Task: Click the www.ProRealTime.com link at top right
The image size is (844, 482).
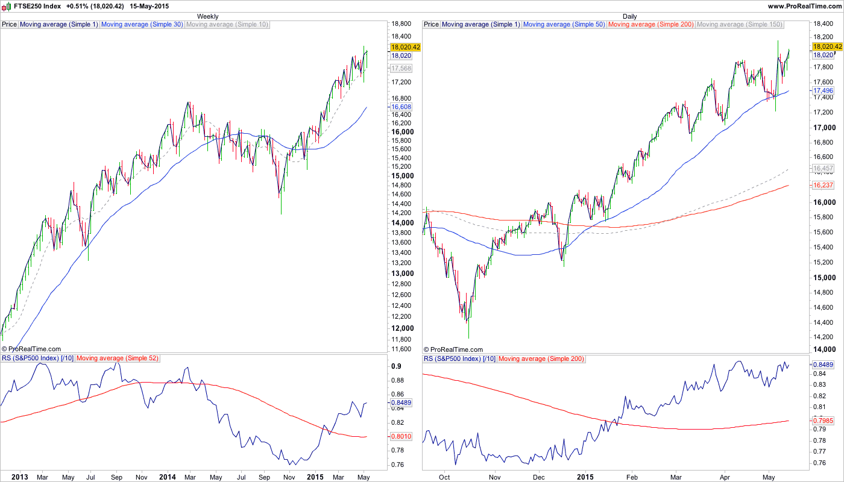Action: coord(805,6)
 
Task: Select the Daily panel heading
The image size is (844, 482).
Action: coord(630,16)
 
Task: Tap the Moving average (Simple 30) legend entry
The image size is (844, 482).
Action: coord(142,25)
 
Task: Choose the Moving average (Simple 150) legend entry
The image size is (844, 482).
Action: coord(739,25)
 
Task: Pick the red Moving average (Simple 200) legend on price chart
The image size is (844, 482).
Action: coord(651,25)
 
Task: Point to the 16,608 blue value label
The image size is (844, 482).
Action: coord(401,107)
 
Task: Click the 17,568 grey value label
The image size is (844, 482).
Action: coord(401,68)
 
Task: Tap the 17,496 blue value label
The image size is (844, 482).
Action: coord(823,90)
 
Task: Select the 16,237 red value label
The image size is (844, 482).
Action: coord(823,185)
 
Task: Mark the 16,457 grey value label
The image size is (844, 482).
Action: coord(823,168)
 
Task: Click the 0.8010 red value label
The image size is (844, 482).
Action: coord(401,436)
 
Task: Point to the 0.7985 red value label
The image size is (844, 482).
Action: coord(823,421)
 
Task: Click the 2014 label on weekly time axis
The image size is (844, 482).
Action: coord(167,477)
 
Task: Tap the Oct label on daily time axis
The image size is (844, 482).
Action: coord(445,477)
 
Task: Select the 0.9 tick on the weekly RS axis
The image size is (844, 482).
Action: coord(396,366)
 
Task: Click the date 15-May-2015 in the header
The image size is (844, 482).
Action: coord(150,6)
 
